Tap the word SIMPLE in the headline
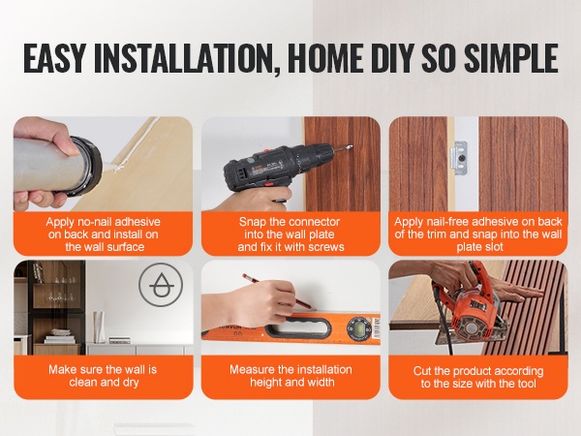[x=510, y=58]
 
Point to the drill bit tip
[x=351, y=146]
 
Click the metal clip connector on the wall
[x=459, y=158]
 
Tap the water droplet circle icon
[x=161, y=285]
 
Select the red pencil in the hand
[x=277, y=292]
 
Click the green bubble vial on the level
[x=357, y=327]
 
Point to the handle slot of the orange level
[x=298, y=327]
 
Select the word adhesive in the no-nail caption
[x=138, y=222]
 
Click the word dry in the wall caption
[x=130, y=383]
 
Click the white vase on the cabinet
[x=99, y=327]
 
